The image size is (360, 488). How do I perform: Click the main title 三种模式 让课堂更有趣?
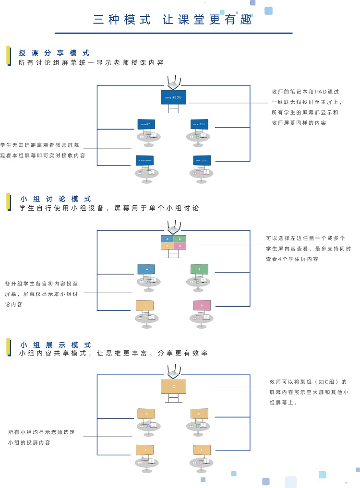[x=173, y=20]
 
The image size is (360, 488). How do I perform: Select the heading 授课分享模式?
[x=54, y=53]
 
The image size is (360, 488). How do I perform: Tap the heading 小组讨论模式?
[x=56, y=199]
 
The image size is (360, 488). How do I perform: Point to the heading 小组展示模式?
[x=56, y=345]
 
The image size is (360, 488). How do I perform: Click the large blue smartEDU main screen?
[x=173, y=97]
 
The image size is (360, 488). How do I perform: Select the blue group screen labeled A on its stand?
[x=146, y=269]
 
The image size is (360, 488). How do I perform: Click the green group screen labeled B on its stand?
[x=199, y=269]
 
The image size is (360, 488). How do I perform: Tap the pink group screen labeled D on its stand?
[x=202, y=305]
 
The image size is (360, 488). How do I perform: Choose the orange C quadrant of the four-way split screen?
[x=167, y=246]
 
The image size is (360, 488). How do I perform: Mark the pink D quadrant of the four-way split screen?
[x=180, y=246]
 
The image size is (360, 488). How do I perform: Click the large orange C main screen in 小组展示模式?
[x=173, y=387]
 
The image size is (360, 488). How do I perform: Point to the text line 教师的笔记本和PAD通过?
[x=305, y=91]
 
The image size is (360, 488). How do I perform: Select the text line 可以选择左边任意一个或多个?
[x=305, y=238]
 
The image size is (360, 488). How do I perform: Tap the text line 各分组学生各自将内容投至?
[x=41, y=284]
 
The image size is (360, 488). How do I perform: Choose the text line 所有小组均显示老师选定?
[x=42, y=432]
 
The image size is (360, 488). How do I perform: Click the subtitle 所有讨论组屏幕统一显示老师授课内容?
[x=91, y=63]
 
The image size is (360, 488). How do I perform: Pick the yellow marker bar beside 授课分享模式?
[x=8, y=55]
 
